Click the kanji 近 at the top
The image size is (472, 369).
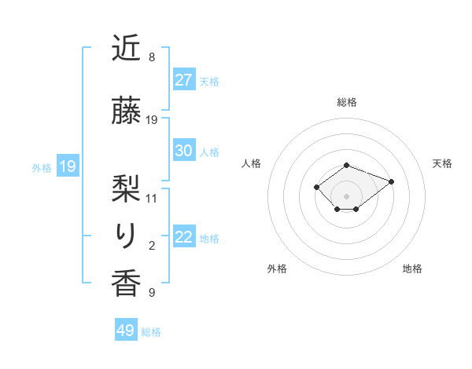coord(126,49)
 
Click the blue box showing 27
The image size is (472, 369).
coord(183,80)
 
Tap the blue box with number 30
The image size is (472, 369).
coord(183,151)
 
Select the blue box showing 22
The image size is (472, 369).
coord(183,237)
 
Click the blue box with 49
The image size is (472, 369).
coord(126,331)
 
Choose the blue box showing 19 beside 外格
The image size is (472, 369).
coord(68,166)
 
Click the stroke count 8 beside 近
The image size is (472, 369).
coord(152,57)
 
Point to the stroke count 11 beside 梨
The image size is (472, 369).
coord(152,198)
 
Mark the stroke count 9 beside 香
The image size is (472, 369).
coord(152,294)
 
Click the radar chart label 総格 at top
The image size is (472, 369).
coord(347,102)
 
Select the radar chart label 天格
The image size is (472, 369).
coord(442,163)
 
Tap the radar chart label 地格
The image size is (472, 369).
coord(412,269)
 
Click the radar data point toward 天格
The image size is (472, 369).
coord(391,181)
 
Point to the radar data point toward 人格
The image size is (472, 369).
coord(316,187)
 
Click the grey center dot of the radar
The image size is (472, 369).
coord(347,195)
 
